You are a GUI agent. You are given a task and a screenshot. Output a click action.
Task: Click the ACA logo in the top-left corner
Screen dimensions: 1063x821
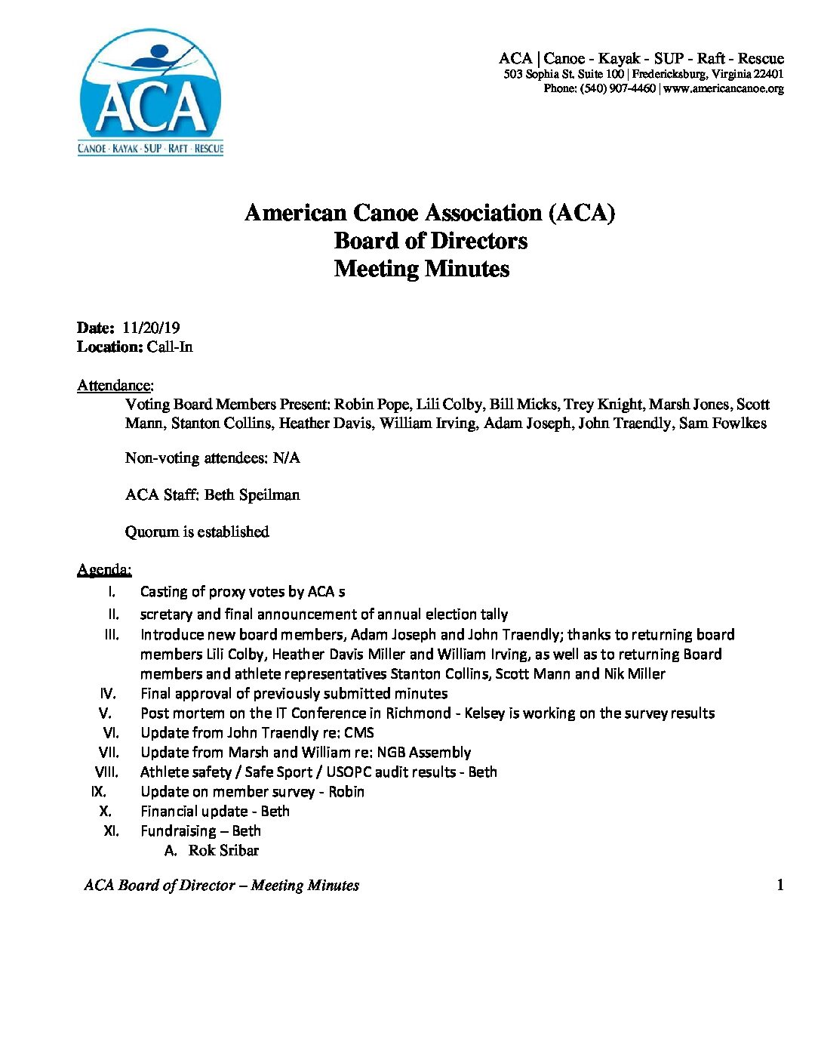tap(151, 92)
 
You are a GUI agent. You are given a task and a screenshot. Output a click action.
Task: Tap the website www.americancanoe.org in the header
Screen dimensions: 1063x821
tap(723, 88)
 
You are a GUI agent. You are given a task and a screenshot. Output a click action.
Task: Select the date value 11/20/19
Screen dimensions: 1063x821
tap(150, 328)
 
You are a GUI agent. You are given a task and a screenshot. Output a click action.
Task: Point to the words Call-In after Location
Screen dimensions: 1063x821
tap(170, 347)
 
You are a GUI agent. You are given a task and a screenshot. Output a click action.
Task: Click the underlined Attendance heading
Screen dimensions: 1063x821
tap(115, 386)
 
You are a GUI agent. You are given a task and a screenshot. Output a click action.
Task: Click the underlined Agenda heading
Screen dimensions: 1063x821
tap(104, 569)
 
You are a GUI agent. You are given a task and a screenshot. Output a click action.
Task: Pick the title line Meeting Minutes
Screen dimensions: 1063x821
tap(422, 269)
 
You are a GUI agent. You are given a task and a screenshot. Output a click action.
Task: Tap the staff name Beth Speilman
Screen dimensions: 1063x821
tap(252, 495)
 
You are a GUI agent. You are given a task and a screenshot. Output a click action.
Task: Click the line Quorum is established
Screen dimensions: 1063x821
tap(197, 532)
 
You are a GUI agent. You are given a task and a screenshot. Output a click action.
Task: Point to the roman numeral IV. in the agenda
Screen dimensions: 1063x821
tap(108, 693)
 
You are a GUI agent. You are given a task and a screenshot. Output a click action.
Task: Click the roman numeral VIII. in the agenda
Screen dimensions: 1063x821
tap(106, 772)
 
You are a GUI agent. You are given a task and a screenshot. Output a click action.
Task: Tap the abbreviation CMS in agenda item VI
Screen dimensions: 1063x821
tap(359, 733)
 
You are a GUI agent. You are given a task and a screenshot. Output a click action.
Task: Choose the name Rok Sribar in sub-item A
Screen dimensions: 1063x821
tap(223, 851)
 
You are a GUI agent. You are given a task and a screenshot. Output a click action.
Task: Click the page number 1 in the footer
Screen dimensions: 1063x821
tap(780, 885)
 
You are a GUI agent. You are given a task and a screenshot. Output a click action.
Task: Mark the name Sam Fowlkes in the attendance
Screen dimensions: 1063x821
tap(722, 424)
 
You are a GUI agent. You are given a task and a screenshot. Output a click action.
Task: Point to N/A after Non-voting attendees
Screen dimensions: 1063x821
tap(287, 458)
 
